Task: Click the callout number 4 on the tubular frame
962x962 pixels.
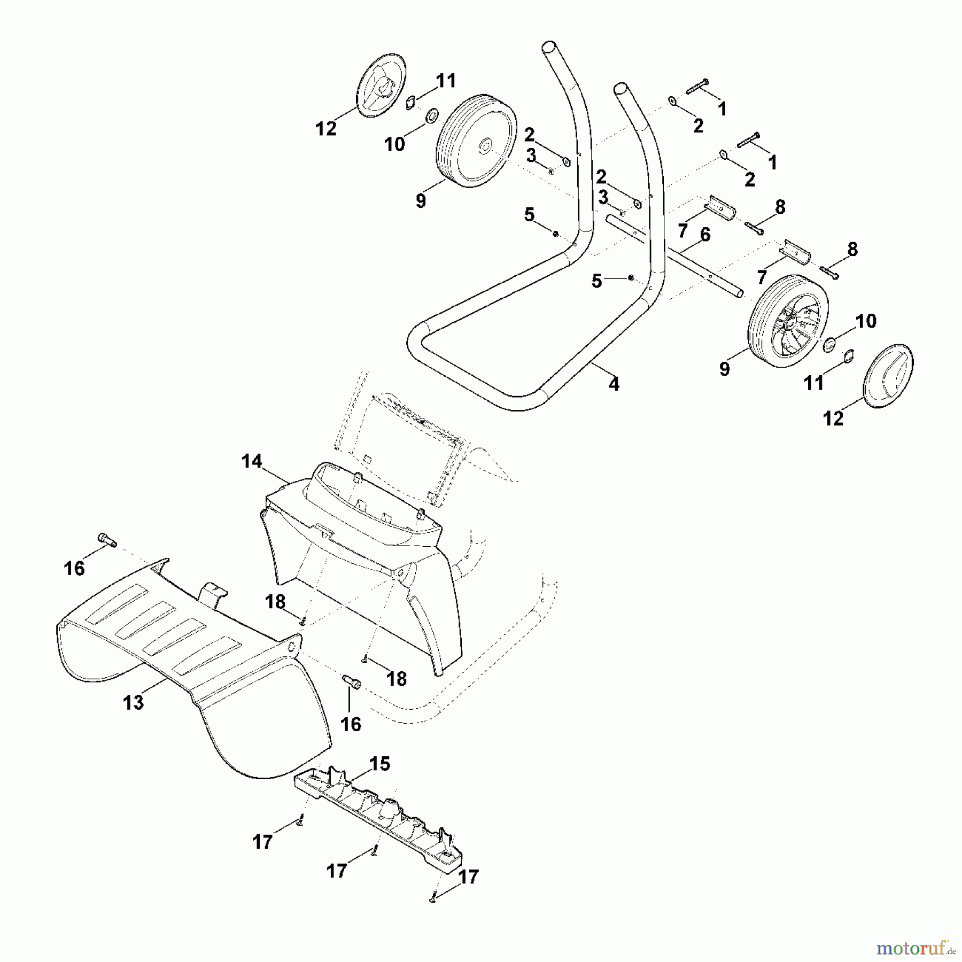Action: tap(614, 384)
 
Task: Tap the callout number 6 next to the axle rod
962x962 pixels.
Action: tap(705, 235)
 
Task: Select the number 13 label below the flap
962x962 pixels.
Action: tap(133, 702)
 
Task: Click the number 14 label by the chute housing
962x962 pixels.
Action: tap(252, 461)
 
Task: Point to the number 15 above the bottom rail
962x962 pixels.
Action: tap(379, 764)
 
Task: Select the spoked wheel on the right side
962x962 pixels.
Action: tap(785, 322)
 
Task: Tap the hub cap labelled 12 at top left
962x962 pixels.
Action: tap(383, 84)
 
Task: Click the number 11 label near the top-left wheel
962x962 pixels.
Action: tap(446, 81)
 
